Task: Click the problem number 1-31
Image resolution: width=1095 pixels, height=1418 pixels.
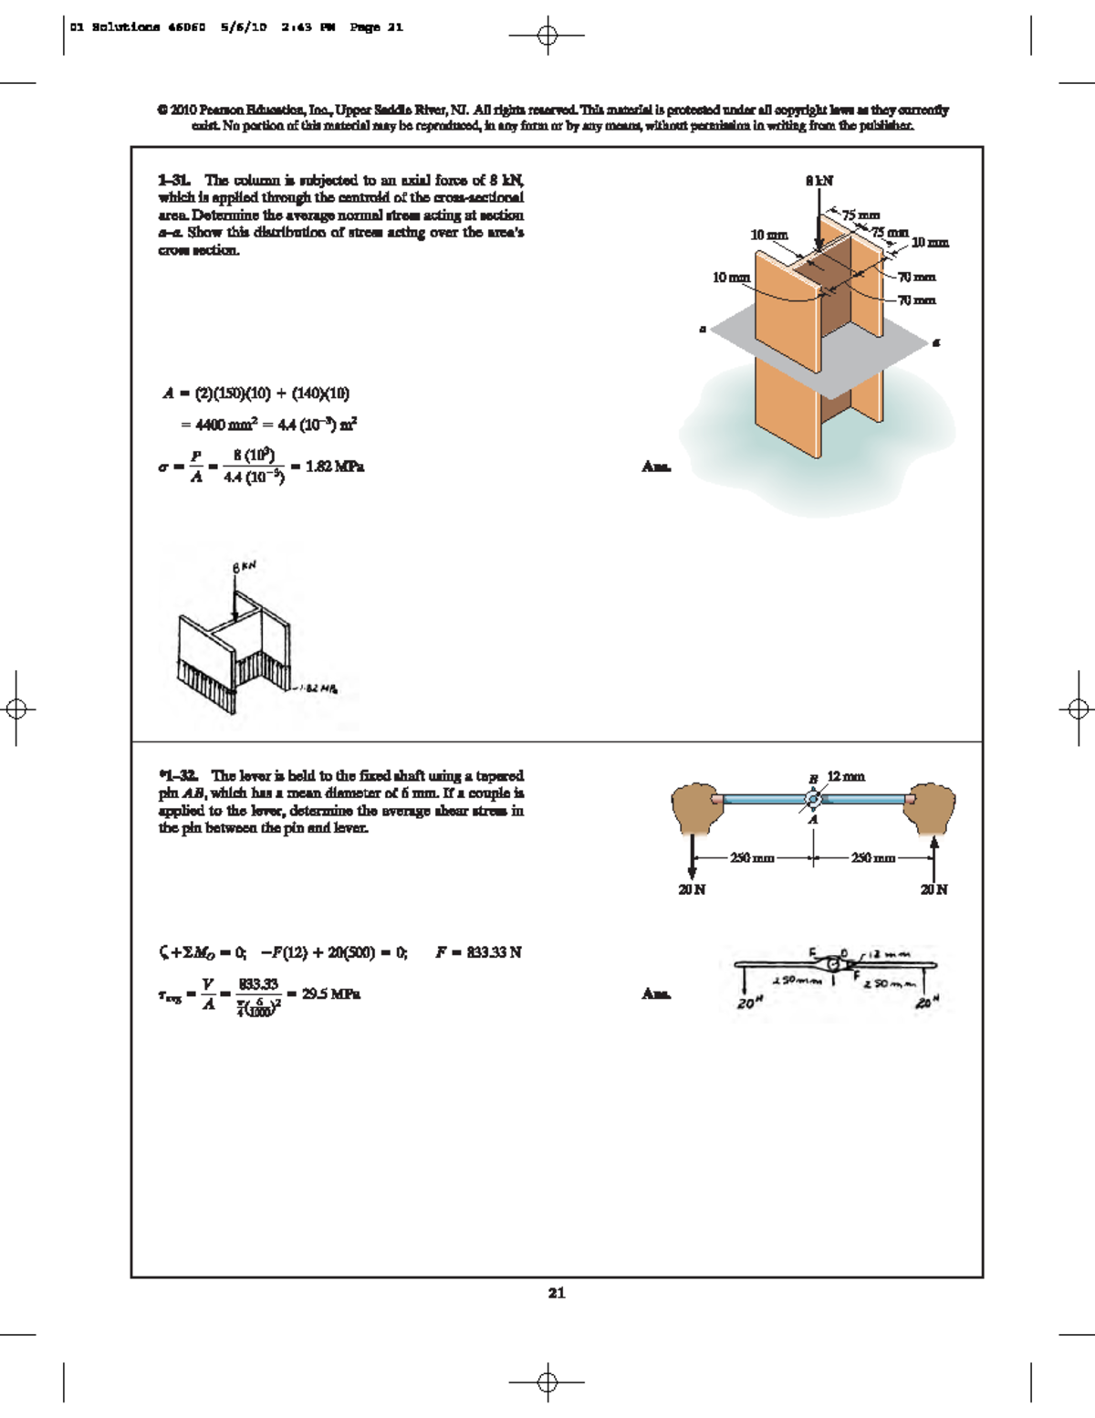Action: tap(173, 181)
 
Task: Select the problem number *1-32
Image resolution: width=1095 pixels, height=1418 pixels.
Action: tap(179, 776)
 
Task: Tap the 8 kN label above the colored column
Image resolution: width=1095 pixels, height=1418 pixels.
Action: tap(819, 181)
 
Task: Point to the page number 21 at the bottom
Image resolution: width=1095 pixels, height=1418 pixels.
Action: tap(557, 1292)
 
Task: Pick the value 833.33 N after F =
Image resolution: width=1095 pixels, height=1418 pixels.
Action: tap(494, 952)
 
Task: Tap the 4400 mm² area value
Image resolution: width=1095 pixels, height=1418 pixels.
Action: tap(216, 425)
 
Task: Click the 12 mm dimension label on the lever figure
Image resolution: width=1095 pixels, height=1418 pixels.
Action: tap(846, 776)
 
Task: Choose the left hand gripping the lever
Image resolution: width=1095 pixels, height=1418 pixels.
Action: tap(695, 808)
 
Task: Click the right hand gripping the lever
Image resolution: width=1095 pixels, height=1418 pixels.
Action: tap(931, 808)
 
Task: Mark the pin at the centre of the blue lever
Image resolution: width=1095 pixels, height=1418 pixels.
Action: tap(813, 800)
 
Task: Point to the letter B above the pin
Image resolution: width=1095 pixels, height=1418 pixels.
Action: tap(812, 779)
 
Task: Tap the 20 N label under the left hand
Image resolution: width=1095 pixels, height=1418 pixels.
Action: tap(692, 889)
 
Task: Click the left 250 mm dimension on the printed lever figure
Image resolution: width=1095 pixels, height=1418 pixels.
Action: tap(752, 858)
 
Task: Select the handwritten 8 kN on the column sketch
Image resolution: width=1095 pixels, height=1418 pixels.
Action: tap(245, 567)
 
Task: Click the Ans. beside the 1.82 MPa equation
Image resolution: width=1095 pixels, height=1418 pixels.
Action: tap(655, 467)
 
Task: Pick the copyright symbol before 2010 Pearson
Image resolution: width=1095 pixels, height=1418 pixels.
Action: tap(162, 110)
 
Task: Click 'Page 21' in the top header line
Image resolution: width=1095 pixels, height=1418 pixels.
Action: tap(376, 27)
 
